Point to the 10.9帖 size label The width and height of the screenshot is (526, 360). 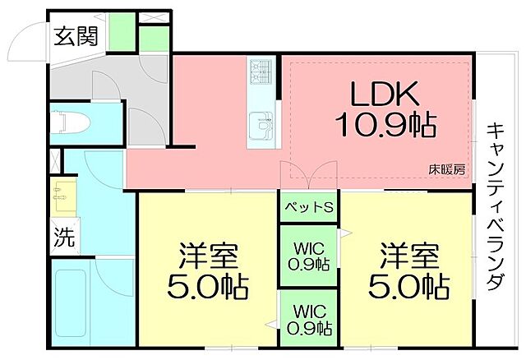click(x=385, y=126)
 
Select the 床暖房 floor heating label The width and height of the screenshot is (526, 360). click(x=446, y=169)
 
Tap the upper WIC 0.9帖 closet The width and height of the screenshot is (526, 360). click(x=309, y=257)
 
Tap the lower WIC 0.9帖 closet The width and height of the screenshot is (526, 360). click(x=309, y=321)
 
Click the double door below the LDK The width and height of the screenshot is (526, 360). click(x=308, y=174)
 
